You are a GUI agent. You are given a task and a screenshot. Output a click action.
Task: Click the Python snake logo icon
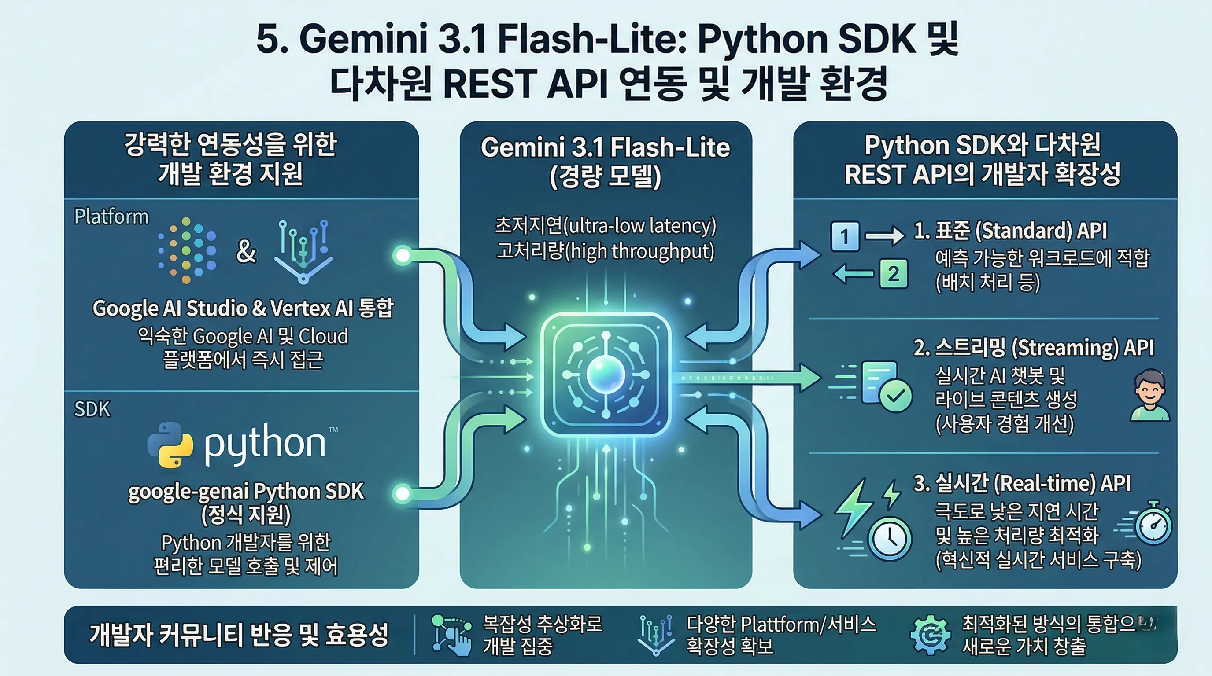click(x=170, y=444)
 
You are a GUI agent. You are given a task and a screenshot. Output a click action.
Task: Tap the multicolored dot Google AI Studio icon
click(x=187, y=250)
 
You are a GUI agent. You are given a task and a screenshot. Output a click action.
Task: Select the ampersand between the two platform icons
click(x=246, y=251)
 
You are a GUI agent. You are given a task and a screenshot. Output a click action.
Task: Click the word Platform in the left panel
click(x=111, y=217)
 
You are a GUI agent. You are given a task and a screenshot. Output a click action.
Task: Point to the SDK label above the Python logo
click(x=92, y=409)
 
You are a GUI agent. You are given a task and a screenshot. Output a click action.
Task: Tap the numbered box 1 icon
click(x=845, y=236)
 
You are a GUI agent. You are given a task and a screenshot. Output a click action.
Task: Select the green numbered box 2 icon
click(x=893, y=274)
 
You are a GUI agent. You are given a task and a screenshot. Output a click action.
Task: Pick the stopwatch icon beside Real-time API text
click(x=1152, y=524)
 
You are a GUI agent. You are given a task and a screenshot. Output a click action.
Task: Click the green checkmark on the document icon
click(x=896, y=396)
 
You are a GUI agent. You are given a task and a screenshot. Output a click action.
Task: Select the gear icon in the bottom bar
click(x=930, y=636)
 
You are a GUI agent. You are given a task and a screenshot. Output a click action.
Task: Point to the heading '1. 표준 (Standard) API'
click(x=1010, y=231)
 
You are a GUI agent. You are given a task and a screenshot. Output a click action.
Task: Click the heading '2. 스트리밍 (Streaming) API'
click(x=1033, y=348)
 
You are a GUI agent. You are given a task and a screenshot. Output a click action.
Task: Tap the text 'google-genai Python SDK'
click(x=246, y=491)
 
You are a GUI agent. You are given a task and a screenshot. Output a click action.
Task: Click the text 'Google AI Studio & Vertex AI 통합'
click(x=243, y=309)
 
